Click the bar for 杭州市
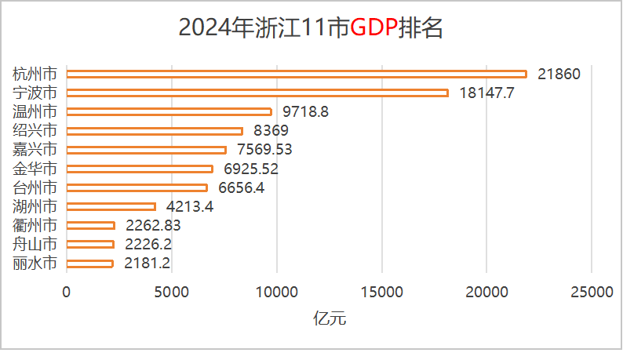[297, 74]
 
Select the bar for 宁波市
[257, 93]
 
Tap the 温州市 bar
[169, 111]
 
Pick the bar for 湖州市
[111, 206]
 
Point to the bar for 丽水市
[89, 264]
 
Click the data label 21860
[559, 75]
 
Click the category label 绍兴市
[35, 131]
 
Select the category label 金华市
[35, 169]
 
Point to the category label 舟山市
[35, 245]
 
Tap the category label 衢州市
[35, 226]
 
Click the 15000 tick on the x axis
[382, 293]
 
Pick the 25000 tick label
[592, 293]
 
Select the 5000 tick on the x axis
[172, 293]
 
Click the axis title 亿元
[330, 318]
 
